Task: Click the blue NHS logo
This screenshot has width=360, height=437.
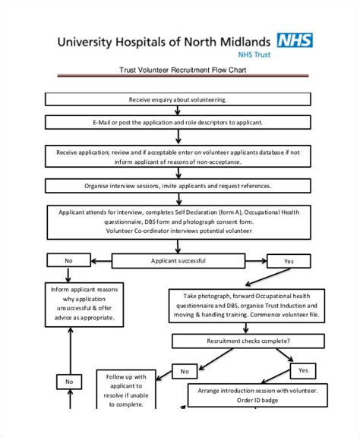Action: tap(295, 40)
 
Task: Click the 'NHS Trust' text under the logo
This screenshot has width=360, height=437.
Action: tap(254, 55)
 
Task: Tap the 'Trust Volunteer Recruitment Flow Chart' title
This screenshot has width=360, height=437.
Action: tap(183, 70)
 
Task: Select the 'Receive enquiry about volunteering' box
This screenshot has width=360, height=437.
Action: tap(178, 99)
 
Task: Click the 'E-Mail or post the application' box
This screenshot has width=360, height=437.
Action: tap(178, 122)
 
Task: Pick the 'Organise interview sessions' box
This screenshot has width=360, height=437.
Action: tap(178, 186)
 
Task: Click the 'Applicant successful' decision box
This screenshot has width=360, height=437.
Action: tap(178, 261)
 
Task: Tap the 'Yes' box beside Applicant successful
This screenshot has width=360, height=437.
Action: tap(289, 261)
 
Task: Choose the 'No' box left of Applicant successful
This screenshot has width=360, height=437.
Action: tap(68, 260)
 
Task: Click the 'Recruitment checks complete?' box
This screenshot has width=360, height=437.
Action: tap(248, 341)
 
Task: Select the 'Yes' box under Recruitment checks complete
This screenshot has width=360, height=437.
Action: tap(303, 371)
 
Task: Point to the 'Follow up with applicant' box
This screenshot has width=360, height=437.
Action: tap(126, 390)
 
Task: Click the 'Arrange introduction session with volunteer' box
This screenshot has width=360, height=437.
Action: tap(257, 395)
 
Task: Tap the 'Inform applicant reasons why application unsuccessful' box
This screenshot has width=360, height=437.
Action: tap(84, 305)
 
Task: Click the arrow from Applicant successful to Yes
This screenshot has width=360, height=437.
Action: tap(256, 261)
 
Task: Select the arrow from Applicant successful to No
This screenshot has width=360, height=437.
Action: tap(101, 261)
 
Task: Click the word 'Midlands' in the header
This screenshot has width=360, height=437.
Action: tap(245, 42)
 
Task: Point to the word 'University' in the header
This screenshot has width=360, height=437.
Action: tap(84, 42)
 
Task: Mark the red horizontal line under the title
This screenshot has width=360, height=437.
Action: tap(183, 76)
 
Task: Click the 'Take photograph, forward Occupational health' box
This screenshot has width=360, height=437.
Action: tap(247, 306)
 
